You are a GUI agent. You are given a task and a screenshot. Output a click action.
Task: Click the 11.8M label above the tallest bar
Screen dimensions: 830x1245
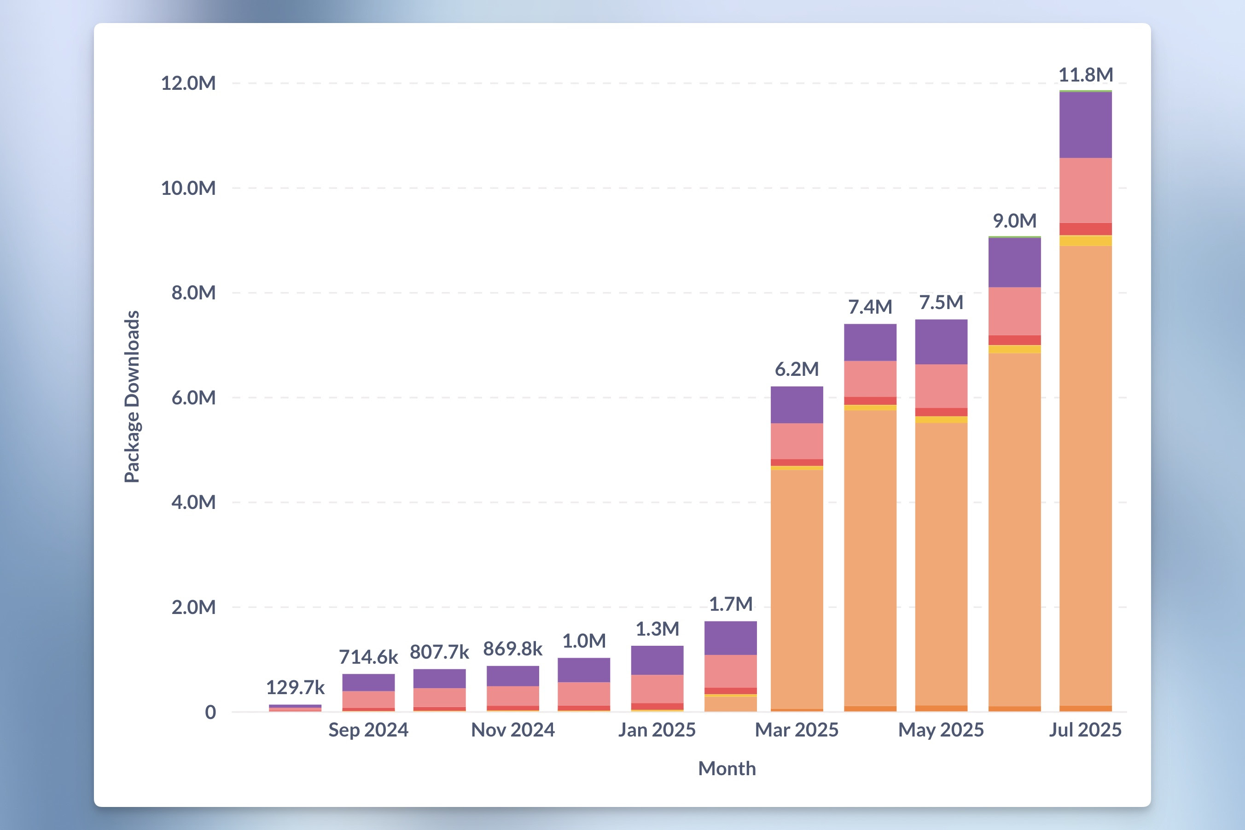coord(1085,75)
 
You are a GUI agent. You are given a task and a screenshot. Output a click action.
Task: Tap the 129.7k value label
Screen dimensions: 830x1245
coord(295,688)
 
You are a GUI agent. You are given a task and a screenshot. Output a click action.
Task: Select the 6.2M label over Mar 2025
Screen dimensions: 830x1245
coord(797,369)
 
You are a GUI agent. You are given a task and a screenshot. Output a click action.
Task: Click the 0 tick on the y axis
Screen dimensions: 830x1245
coord(210,713)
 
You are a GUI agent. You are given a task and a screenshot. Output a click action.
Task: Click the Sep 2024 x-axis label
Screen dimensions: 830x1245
coord(368,730)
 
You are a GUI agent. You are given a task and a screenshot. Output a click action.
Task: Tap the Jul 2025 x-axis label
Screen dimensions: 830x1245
coord(1085,730)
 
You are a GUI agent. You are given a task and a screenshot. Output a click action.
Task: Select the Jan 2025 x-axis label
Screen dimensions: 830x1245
coord(657,730)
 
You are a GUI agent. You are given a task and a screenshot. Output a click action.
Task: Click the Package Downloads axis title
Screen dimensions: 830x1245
coord(132,397)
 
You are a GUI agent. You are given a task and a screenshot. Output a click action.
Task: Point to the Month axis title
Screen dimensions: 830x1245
coord(727,769)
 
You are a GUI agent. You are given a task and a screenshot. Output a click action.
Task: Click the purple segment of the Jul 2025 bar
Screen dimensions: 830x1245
coord(1085,125)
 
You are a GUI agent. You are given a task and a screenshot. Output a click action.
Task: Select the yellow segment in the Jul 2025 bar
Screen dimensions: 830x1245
coord(1085,241)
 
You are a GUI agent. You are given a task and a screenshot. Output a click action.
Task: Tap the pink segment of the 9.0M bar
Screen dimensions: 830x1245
coord(1014,311)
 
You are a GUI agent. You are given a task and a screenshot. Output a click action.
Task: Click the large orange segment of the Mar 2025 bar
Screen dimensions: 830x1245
coord(797,588)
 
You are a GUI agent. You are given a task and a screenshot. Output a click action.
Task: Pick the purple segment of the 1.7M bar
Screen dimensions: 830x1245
coord(730,638)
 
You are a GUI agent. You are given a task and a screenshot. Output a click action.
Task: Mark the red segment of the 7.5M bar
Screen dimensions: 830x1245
coord(941,412)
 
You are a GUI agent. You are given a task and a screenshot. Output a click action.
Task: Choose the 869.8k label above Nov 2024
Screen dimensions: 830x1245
coord(512,649)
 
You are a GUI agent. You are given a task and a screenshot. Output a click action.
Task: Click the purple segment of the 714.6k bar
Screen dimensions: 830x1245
coord(368,682)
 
